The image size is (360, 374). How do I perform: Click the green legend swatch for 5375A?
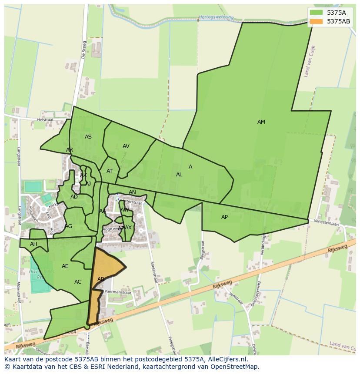tap(316, 13)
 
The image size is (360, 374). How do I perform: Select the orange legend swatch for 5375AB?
tap(316, 21)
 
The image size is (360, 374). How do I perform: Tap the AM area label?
tap(261, 122)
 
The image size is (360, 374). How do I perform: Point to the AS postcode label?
tap(88, 137)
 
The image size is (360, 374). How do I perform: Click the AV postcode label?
tap(126, 146)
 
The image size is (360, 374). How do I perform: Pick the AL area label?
tap(179, 175)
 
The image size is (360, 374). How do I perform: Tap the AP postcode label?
tap(224, 217)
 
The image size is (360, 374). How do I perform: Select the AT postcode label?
tap(110, 171)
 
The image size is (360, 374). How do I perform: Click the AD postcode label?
tap(74, 197)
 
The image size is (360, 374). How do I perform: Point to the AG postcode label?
tap(69, 226)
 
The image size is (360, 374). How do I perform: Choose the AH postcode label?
tap(33, 244)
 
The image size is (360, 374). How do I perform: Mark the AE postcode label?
tap(65, 266)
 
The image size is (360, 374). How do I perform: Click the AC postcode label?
tap(78, 282)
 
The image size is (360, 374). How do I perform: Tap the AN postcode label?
tap(132, 192)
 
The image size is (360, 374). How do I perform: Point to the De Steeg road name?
tap(84, 50)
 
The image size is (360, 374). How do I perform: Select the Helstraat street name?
tap(45, 119)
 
